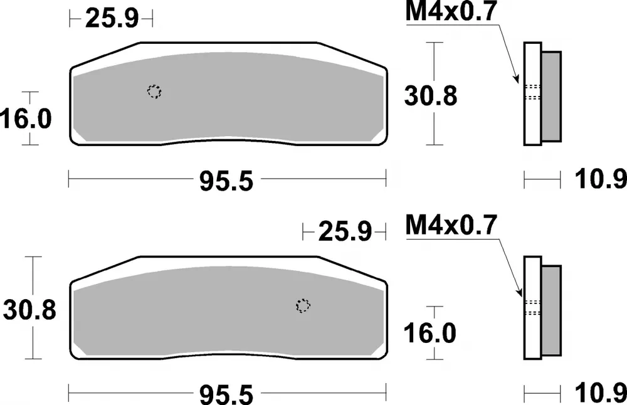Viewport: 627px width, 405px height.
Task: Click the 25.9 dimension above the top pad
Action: (111, 19)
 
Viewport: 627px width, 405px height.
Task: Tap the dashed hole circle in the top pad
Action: (154, 92)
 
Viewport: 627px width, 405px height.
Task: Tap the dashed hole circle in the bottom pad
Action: (303, 305)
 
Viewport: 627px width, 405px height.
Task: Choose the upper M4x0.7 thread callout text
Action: (451, 12)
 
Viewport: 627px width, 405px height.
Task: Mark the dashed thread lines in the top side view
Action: (532, 92)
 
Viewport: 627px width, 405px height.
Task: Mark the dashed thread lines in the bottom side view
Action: (532, 307)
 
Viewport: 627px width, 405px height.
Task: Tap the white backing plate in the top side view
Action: (532, 125)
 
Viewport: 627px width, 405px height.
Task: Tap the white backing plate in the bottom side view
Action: (532, 339)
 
